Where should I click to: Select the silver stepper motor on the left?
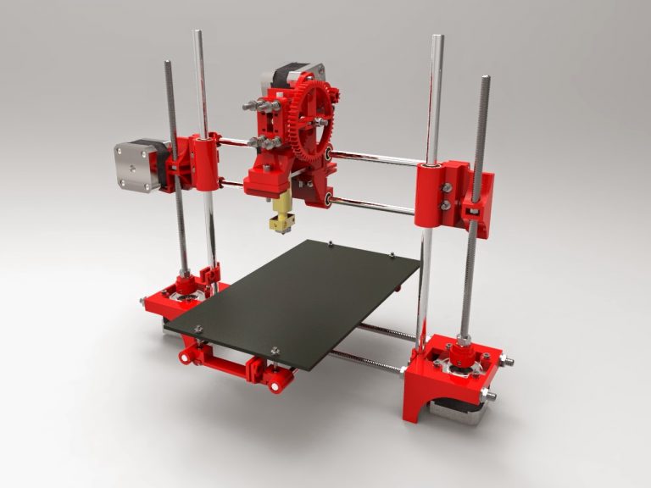[x=136, y=166]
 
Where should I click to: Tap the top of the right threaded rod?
[x=485, y=80]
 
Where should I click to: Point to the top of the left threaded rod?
[x=168, y=64]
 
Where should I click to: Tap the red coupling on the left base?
[x=182, y=280]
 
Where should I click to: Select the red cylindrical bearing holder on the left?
[x=203, y=161]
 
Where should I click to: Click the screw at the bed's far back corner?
[x=331, y=245]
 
